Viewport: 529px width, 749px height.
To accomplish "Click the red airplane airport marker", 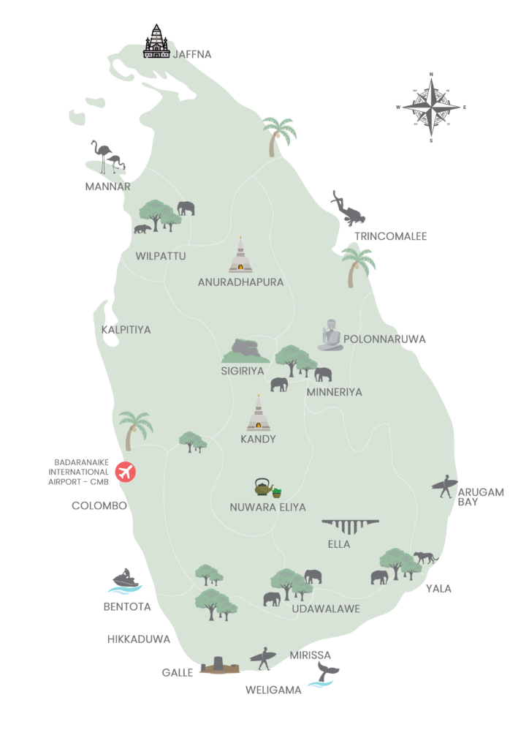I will pyautogui.click(x=126, y=472).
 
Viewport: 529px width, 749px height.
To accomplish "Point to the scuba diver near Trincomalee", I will pyautogui.click(x=346, y=209).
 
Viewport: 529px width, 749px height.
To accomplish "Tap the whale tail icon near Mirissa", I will pyautogui.click(x=322, y=674).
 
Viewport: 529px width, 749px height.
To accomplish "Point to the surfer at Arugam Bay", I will pyautogui.click(x=444, y=486).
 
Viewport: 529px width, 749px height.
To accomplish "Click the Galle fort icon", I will pyautogui.click(x=219, y=666).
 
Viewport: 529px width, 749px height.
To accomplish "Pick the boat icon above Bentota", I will pyautogui.click(x=126, y=581).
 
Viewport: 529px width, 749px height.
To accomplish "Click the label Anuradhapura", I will pyautogui.click(x=240, y=282).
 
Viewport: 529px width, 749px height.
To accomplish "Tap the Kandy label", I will pyautogui.click(x=258, y=440).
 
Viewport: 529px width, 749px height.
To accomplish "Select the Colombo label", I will pyautogui.click(x=99, y=505).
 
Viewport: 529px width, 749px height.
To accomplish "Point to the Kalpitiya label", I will pyautogui.click(x=127, y=330).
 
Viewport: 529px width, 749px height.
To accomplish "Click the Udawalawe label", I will pyautogui.click(x=326, y=608).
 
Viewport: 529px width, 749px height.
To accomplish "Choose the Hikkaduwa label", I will pyautogui.click(x=139, y=639).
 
